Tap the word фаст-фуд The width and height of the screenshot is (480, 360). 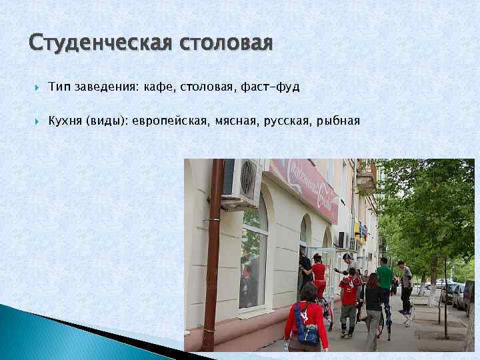pos(274,87)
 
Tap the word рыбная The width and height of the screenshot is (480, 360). pos(338,121)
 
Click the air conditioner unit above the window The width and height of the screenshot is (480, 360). pos(241,182)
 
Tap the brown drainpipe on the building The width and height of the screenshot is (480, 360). pos(213,253)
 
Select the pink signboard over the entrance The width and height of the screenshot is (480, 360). pos(303,189)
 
